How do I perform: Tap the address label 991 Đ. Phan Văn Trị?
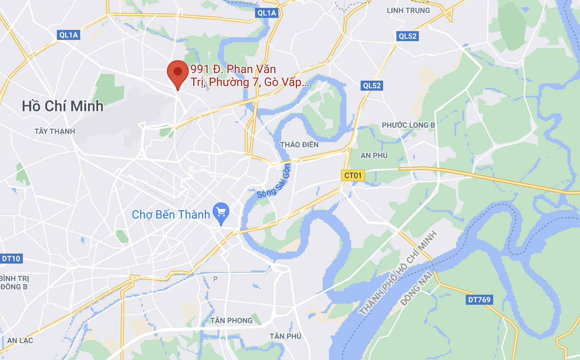(249, 76)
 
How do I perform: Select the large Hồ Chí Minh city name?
(62, 106)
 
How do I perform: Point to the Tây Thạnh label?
(55, 131)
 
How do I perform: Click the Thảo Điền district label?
(299, 145)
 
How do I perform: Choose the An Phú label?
(374, 155)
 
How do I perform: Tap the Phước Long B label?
(408, 125)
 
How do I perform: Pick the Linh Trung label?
(408, 10)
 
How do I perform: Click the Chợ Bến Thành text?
(171, 215)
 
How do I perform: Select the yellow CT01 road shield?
(353, 175)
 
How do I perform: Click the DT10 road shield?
(11, 259)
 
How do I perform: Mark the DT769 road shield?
(479, 299)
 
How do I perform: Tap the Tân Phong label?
(231, 321)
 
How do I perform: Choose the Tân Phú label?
(285, 336)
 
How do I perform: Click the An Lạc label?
(20, 340)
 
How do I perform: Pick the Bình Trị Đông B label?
(14, 282)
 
